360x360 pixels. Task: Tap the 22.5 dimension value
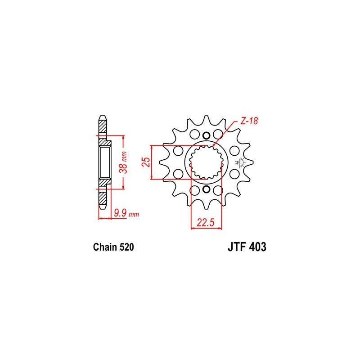tap(207, 222)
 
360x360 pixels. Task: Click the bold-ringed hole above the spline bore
tap(206, 136)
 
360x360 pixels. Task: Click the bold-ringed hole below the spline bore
tap(206, 190)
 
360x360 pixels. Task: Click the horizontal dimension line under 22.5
tap(207, 228)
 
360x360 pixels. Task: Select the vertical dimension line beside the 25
tap(153, 163)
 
